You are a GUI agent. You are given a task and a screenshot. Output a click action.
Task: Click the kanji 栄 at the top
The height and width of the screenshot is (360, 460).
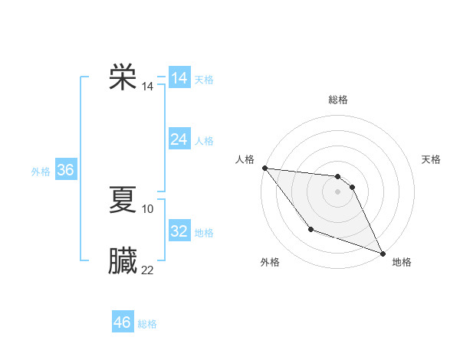[x=123, y=77]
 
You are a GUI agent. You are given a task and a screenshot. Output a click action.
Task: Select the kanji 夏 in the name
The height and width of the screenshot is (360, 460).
[x=123, y=199]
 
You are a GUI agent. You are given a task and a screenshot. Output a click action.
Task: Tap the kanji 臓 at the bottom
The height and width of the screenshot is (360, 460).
[x=123, y=260]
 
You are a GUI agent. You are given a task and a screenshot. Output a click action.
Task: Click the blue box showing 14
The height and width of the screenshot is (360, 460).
[x=179, y=78]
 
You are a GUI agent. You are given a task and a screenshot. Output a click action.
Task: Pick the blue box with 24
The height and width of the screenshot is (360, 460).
[x=179, y=139]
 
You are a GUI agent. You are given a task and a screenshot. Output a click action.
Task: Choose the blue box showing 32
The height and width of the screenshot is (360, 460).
[x=179, y=231]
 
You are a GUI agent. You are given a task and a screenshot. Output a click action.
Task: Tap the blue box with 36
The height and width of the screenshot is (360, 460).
[x=65, y=170]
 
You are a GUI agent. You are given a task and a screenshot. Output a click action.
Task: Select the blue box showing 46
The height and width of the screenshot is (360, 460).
[x=123, y=322]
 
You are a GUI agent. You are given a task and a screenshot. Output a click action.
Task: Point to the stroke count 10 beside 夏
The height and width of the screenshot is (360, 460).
[x=148, y=208]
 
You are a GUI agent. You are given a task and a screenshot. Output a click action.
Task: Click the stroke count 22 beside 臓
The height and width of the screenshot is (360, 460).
[x=147, y=270]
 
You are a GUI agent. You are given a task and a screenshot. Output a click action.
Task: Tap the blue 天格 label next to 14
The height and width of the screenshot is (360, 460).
[x=204, y=80]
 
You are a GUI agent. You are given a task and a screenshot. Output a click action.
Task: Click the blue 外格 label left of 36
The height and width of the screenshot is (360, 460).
[x=41, y=172]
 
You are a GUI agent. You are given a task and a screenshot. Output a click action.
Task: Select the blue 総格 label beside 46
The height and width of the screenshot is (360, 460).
[x=147, y=324]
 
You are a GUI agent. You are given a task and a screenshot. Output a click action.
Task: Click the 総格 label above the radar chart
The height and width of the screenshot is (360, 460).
[x=337, y=100]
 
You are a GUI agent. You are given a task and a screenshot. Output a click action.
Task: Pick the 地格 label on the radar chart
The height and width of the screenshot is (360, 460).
[x=402, y=262]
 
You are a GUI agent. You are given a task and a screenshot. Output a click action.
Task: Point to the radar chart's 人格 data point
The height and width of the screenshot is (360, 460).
[x=264, y=168]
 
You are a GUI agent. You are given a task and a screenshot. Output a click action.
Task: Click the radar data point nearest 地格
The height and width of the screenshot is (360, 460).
[x=383, y=254]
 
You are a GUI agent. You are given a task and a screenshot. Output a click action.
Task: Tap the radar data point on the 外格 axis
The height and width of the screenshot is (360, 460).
[x=310, y=229]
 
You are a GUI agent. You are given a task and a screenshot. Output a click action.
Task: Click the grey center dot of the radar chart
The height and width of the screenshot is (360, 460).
[x=337, y=191]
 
